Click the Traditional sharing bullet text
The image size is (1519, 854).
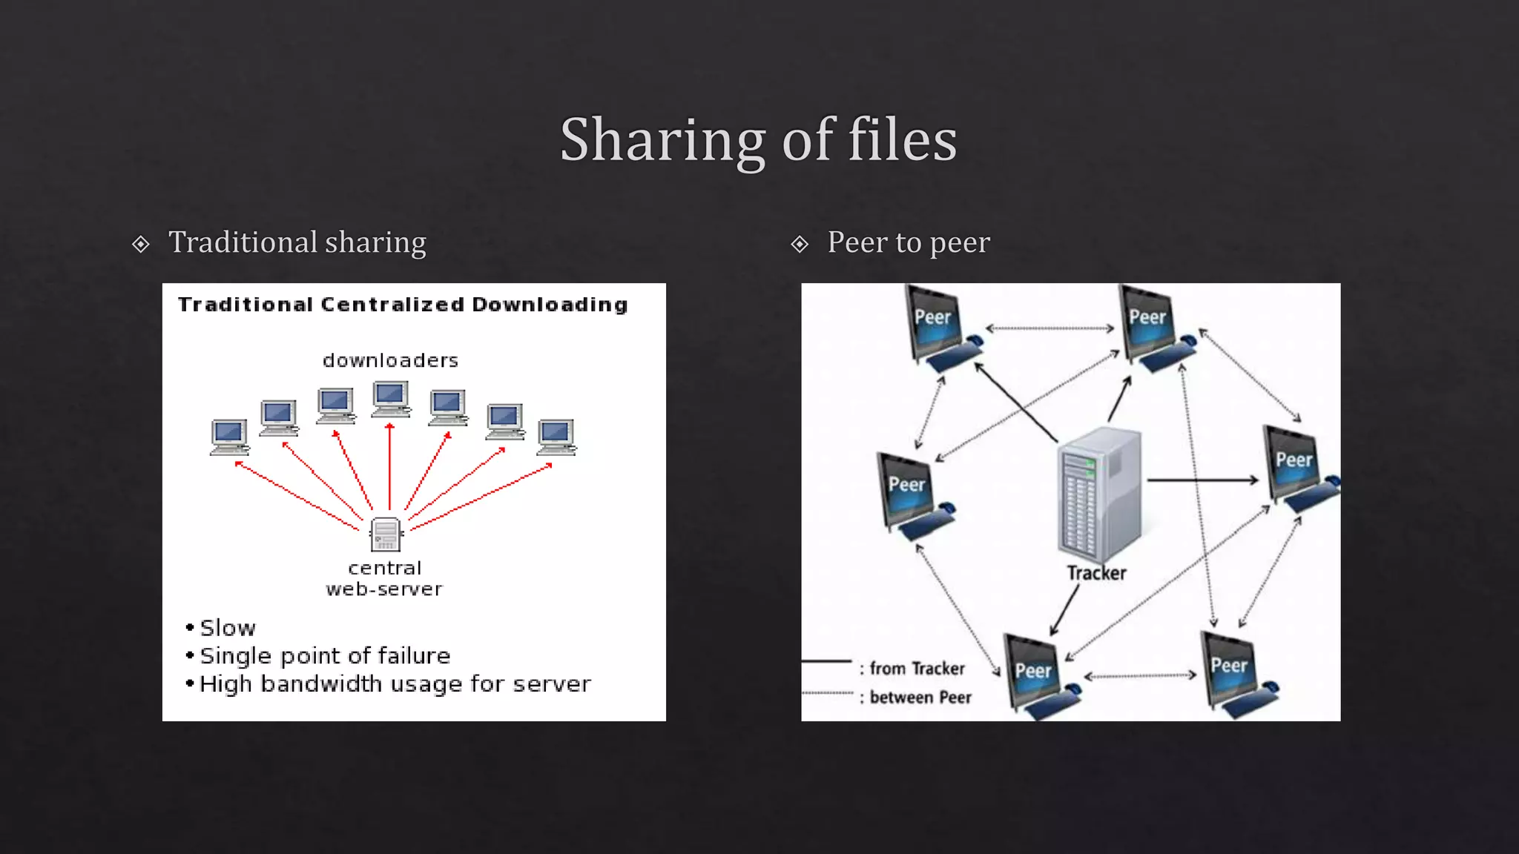(297, 242)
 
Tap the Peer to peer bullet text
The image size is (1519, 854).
(908, 242)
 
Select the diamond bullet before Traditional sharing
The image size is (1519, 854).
(140, 244)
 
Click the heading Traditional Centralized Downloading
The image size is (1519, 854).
(403, 305)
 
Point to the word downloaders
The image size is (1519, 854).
(390, 361)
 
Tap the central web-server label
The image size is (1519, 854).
(384, 578)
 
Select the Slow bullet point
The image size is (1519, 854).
(227, 628)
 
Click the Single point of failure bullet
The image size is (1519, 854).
(324, 656)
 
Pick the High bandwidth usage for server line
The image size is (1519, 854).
(395, 683)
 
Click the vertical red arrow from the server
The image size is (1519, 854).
(390, 467)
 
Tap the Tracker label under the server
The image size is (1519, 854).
(1096, 573)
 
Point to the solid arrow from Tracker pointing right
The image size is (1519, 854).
(1202, 480)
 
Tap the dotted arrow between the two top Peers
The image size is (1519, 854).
(1050, 328)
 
